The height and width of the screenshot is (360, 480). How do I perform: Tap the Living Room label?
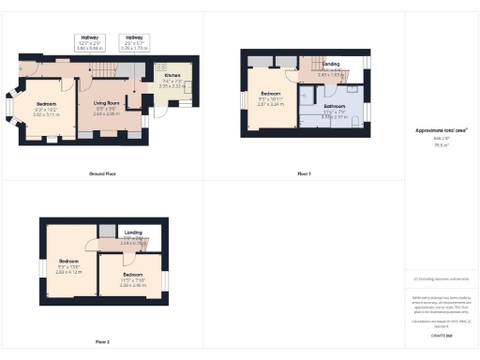coord(110,103)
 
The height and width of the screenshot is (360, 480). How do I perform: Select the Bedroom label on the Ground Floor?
coord(47,103)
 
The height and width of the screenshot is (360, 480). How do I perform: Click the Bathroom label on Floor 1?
coord(334,107)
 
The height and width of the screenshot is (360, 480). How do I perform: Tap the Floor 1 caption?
coord(304,174)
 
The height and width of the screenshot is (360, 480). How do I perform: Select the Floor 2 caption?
coord(101,342)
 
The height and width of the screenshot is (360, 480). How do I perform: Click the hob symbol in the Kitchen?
coord(159,69)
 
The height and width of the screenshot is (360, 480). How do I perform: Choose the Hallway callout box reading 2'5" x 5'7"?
coord(137,42)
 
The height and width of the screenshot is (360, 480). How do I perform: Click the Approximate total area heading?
coord(441,131)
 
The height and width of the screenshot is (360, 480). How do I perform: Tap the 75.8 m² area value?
coord(441,145)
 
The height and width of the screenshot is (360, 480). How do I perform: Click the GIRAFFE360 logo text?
coord(441,335)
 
